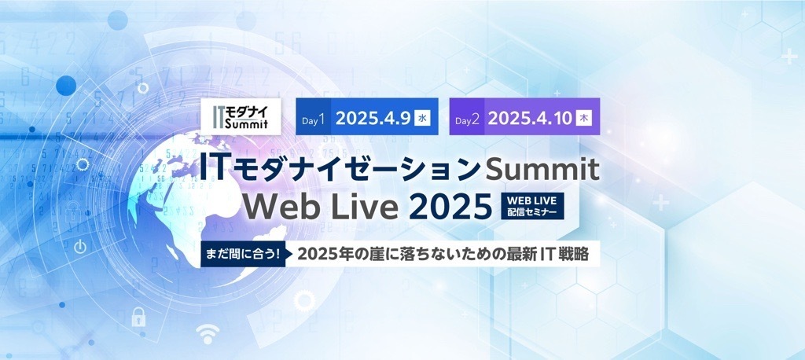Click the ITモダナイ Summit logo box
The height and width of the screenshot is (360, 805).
pos(241,116)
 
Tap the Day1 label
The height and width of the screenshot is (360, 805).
pos(313,121)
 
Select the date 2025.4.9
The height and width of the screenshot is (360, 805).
pos(373,119)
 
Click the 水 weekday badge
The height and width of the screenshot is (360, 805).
pos(422,119)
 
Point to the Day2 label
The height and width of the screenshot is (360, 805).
pos(467,121)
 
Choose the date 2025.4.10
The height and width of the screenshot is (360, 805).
pos(530,119)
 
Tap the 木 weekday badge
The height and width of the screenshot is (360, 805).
pos(584,119)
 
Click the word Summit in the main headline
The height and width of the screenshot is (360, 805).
pos(542,170)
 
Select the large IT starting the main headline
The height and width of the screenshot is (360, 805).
pos(212,168)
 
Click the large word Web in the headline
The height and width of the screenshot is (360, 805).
pos(276,206)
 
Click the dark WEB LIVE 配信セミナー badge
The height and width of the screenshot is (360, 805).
pos(532,206)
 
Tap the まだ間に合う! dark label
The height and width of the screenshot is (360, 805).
pos(243,254)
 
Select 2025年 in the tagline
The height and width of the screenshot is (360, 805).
pos(324,254)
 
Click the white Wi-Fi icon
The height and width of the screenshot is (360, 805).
pos(208,334)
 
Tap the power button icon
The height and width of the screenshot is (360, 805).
pos(80,248)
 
